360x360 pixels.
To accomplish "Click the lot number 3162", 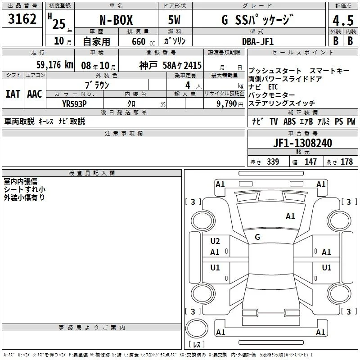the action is click(22, 19).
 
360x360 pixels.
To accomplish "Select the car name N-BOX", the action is click(116, 20).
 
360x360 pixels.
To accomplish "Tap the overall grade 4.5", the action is click(343, 20).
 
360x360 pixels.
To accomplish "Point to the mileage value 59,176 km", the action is click(55, 65).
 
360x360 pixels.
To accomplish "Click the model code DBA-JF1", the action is click(258, 41).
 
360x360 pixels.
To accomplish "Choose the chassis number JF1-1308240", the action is click(302, 143).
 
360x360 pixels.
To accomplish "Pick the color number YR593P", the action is click(74, 104).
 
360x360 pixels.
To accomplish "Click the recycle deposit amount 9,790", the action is click(227, 104).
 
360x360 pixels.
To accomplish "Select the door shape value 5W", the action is click(174, 20).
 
